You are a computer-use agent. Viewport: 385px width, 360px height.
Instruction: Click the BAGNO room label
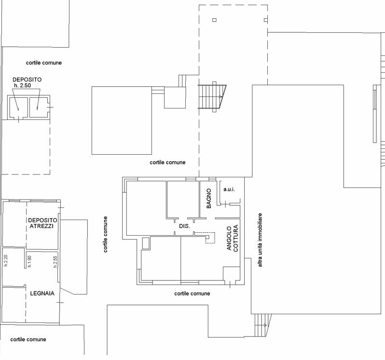click(209, 199)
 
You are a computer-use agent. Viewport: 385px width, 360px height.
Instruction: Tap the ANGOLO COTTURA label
click(232, 238)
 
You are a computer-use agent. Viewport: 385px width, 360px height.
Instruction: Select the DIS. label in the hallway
click(184, 227)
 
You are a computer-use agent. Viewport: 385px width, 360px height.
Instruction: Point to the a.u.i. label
click(229, 189)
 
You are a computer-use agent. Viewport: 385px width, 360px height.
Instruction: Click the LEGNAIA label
click(42, 293)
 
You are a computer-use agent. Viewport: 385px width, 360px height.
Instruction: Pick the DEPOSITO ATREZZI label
click(42, 223)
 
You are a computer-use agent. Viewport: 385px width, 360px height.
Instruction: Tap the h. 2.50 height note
click(23, 86)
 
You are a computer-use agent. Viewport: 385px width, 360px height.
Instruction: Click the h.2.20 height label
click(6, 261)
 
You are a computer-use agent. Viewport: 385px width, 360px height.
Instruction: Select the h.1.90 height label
click(29, 261)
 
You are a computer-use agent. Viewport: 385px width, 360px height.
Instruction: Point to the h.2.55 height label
click(55, 262)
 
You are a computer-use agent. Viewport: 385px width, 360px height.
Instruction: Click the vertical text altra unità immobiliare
click(260, 240)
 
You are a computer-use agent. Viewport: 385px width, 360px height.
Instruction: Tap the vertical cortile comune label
click(105, 234)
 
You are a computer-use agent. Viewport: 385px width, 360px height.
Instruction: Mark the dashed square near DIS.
click(210, 238)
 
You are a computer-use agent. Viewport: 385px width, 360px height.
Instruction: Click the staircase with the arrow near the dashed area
click(212, 96)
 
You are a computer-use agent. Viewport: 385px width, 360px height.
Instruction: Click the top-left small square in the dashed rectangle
click(214, 20)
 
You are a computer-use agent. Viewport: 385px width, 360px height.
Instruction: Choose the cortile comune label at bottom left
click(28, 339)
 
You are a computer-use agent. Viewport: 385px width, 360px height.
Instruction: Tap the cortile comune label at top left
click(44, 63)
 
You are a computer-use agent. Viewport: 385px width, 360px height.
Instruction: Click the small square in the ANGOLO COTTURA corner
click(231, 274)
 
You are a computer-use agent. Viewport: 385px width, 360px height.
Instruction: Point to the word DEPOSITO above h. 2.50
click(27, 80)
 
